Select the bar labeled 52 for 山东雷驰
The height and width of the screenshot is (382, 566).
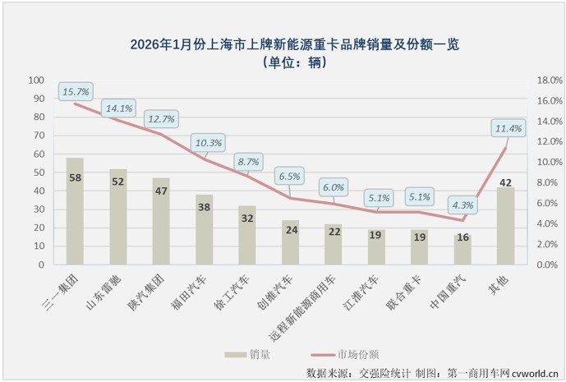[x=117, y=217]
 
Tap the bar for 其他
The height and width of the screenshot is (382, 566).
[x=506, y=226]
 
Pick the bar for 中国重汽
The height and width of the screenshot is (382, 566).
[x=462, y=250]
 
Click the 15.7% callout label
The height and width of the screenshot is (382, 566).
[x=75, y=91]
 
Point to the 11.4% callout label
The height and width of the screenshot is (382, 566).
[x=508, y=128]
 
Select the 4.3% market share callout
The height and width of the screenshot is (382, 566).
[x=462, y=205]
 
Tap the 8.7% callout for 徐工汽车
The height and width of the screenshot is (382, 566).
[x=247, y=162]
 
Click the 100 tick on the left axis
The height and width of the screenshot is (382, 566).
[x=37, y=81]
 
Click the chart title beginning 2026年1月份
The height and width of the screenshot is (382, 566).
[x=283, y=45]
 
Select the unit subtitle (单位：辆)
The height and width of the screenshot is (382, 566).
[x=283, y=63]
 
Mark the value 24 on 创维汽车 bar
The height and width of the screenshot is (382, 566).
[x=291, y=230]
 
